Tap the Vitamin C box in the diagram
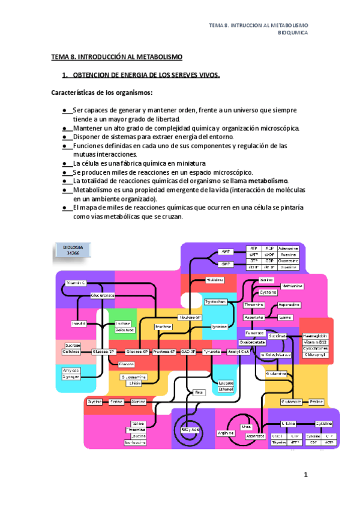[x=76, y=282]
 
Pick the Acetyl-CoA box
[x=239, y=352]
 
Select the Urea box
[x=246, y=427]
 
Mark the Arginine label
[x=225, y=433]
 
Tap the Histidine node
[x=215, y=280]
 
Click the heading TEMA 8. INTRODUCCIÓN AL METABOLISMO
[x=116, y=56]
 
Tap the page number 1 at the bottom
[x=305, y=475]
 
